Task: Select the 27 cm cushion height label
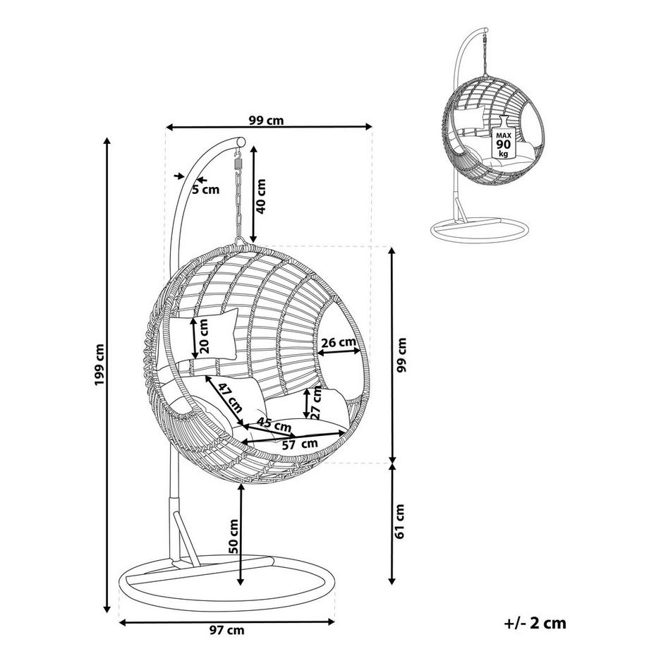[x=317, y=402]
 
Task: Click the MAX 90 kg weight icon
[x=502, y=141]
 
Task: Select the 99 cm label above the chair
[x=267, y=120]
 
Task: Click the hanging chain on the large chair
[x=239, y=198]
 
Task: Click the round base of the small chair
[x=478, y=231]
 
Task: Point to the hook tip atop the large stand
[x=240, y=142]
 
